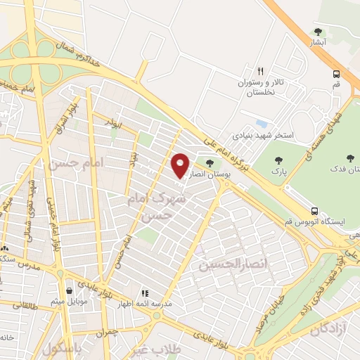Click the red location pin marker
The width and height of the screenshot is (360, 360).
(x=181, y=165)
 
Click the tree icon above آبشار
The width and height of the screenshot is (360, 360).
(x=318, y=32)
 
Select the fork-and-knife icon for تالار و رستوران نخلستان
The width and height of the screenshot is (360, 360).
(x=260, y=71)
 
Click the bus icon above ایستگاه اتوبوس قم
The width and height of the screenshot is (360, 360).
(x=315, y=210)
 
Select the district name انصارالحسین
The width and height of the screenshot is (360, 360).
(x=224, y=266)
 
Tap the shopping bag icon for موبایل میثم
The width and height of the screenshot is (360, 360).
(x=69, y=290)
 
